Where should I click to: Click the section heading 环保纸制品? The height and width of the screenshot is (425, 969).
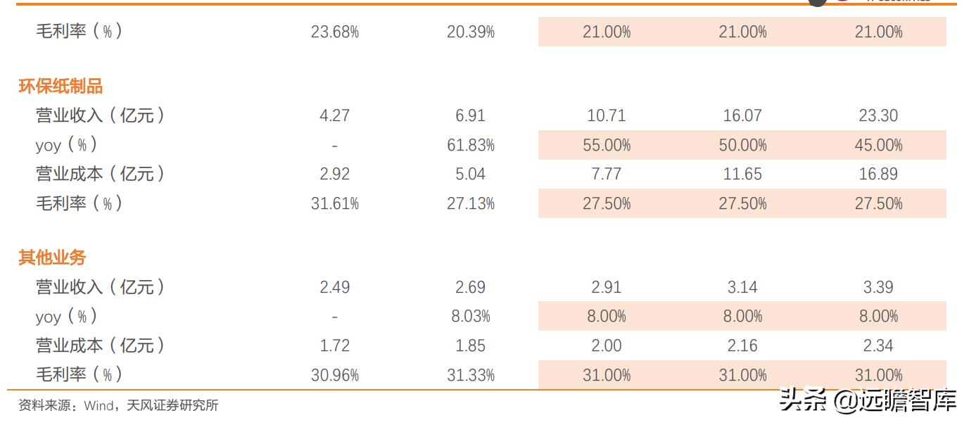[61, 87]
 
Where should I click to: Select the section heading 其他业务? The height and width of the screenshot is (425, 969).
[52, 258]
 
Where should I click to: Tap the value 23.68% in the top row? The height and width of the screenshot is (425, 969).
[334, 32]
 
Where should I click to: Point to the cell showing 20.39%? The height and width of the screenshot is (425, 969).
[470, 32]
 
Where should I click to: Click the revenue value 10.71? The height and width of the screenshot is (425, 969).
[606, 115]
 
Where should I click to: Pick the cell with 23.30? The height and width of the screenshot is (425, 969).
[878, 115]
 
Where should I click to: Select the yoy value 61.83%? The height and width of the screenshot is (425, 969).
[470, 146]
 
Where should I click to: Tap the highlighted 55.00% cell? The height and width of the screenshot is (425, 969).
[606, 146]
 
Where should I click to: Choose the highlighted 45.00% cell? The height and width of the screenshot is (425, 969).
[878, 146]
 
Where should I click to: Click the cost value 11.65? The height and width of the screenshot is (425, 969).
[742, 174]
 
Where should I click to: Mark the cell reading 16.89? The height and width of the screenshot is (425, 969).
[878, 174]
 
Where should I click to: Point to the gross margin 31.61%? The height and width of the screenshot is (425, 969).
[334, 204]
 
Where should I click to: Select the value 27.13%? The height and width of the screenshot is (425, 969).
[470, 204]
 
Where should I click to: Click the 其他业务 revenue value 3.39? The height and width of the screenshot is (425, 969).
[878, 287]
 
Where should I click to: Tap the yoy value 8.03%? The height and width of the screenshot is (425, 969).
[470, 317]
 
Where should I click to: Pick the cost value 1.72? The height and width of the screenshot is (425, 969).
[334, 345]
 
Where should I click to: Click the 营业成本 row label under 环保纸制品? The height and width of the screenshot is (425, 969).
[100, 174]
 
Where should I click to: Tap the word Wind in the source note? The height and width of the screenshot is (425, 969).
[98, 406]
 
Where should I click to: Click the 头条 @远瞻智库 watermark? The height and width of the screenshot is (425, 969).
[868, 402]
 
